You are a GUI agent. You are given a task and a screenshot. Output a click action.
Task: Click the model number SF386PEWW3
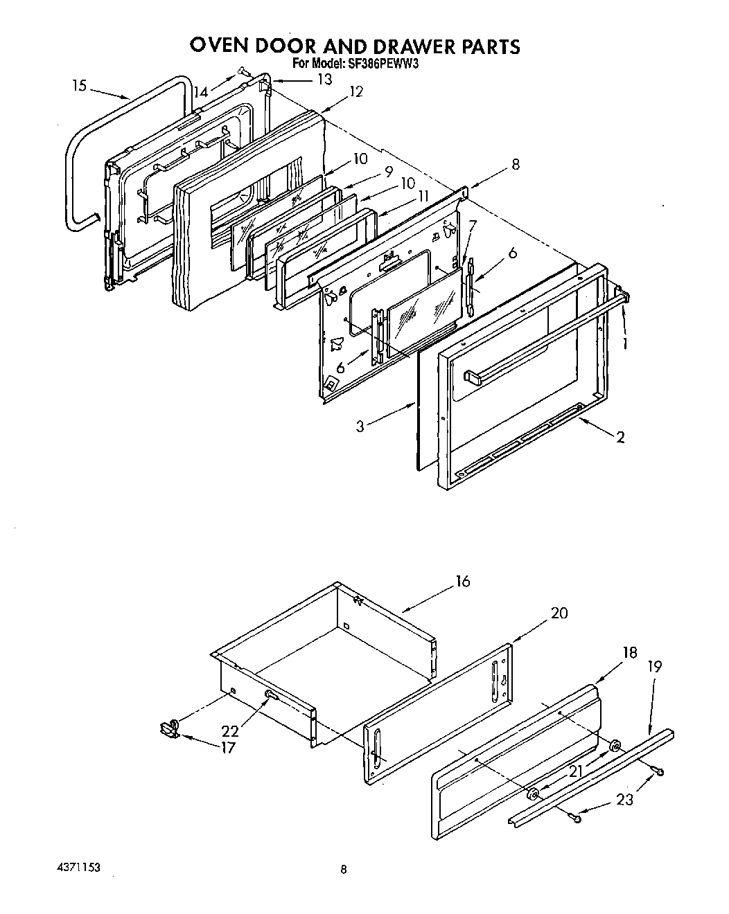pyautogui.click(x=383, y=64)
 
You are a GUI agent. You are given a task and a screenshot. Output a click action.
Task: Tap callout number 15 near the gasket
pyautogui.click(x=80, y=86)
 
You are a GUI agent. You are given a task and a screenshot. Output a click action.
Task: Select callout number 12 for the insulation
pyautogui.click(x=356, y=91)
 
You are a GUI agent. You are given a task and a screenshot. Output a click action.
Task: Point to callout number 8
pyautogui.click(x=515, y=165)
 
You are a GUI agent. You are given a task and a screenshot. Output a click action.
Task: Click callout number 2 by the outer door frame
pyautogui.click(x=620, y=437)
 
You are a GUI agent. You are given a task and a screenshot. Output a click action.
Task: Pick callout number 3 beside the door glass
pyautogui.click(x=360, y=427)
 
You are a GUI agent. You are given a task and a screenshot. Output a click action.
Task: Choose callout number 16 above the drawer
pyautogui.click(x=463, y=581)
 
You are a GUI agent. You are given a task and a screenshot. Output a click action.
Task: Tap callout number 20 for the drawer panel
pyautogui.click(x=559, y=613)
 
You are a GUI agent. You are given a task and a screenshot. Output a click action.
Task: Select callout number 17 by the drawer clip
pyautogui.click(x=227, y=747)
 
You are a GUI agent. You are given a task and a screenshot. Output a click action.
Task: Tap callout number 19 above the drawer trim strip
pyautogui.click(x=654, y=666)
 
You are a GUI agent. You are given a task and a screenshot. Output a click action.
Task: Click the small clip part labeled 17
pyautogui.click(x=167, y=727)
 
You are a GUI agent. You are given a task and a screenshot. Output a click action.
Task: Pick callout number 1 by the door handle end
pyautogui.click(x=625, y=342)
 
